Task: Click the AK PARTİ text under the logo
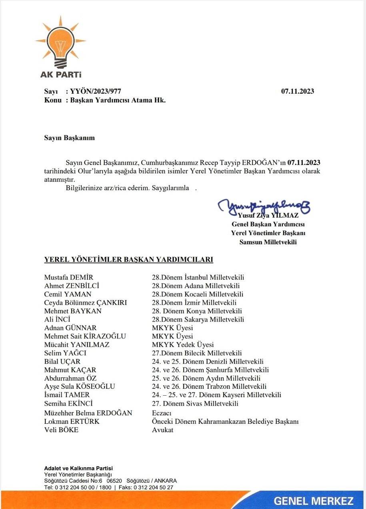click(x=60, y=74)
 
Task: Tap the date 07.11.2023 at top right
click(x=297, y=91)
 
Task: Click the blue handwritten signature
click(x=264, y=206)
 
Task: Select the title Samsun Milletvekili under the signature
click(x=268, y=242)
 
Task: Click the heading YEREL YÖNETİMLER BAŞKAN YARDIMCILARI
click(x=128, y=260)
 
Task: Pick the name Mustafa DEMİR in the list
click(x=69, y=278)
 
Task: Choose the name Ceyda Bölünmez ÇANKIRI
click(x=85, y=303)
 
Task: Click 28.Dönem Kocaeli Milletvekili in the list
click(x=198, y=294)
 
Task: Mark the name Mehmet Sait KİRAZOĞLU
click(x=85, y=336)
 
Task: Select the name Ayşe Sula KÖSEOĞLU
click(x=80, y=386)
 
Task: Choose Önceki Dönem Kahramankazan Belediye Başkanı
click(x=225, y=421)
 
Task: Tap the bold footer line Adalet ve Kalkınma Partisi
click(x=78, y=468)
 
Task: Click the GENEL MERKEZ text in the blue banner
click(x=314, y=501)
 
